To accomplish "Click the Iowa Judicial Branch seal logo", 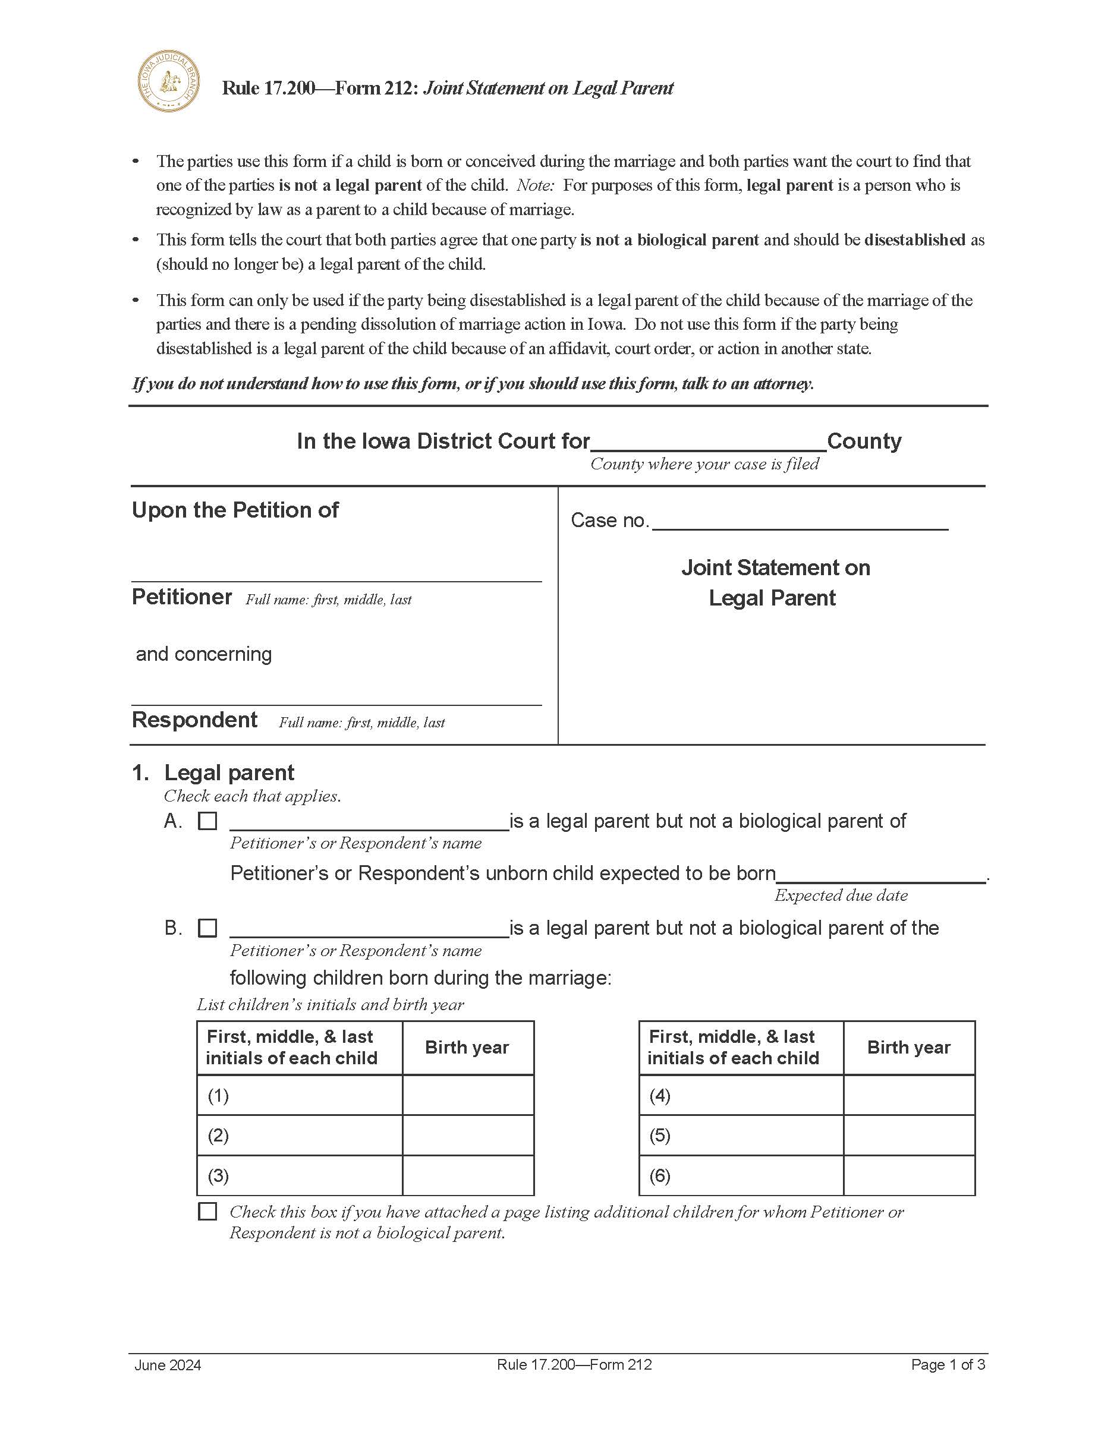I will [x=169, y=81].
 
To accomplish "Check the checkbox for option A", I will [x=207, y=821].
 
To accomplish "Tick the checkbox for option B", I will [x=207, y=928].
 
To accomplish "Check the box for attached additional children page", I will [x=207, y=1212].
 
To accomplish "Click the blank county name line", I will [x=708, y=443].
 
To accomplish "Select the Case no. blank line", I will [x=800, y=522].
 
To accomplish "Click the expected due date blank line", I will [x=880, y=875].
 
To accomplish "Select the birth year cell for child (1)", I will [x=468, y=1095].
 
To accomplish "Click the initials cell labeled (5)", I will [x=740, y=1135].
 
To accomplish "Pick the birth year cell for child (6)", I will [x=909, y=1175].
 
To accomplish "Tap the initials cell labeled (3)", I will [x=299, y=1175].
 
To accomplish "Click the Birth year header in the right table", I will [x=908, y=1048].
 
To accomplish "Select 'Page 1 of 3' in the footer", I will [x=948, y=1364].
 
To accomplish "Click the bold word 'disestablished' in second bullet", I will [x=914, y=239].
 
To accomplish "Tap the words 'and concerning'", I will [x=203, y=654].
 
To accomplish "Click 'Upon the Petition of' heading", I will [x=235, y=510].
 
